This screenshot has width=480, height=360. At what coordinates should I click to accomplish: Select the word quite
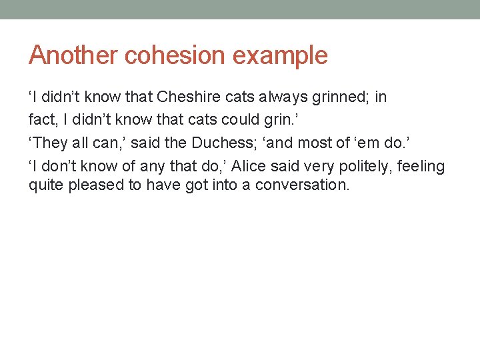(x=43, y=185)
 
